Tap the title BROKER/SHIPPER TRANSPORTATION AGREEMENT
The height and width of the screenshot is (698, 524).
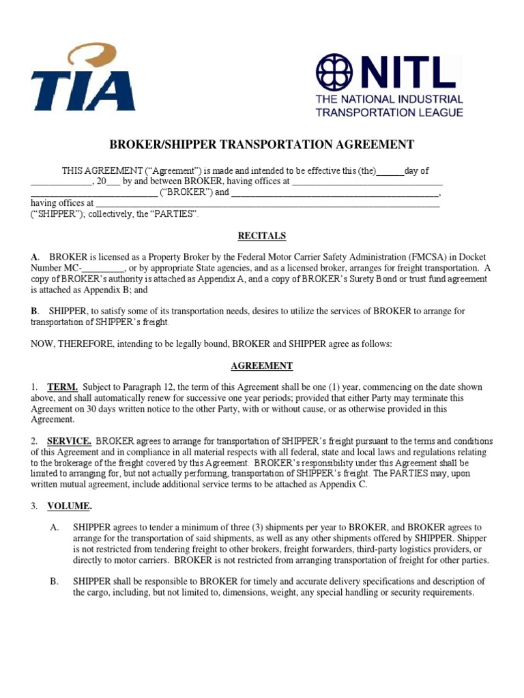262,145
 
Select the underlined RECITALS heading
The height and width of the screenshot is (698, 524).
261,236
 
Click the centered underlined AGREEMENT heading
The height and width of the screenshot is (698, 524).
261,366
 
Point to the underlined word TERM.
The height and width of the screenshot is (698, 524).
62,387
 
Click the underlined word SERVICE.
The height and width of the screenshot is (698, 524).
69,441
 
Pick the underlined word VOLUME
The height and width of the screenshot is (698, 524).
69,506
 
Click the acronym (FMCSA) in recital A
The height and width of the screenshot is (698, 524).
423,257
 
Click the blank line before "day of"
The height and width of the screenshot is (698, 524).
390,172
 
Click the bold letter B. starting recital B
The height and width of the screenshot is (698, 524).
35,311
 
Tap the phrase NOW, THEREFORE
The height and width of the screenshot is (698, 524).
69,344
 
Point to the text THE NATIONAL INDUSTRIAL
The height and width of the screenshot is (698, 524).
389,100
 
